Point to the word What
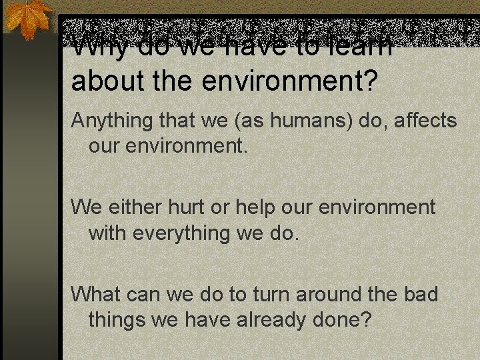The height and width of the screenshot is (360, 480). click(x=93, y=293)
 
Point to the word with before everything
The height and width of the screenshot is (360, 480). click(x=107, y=233)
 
